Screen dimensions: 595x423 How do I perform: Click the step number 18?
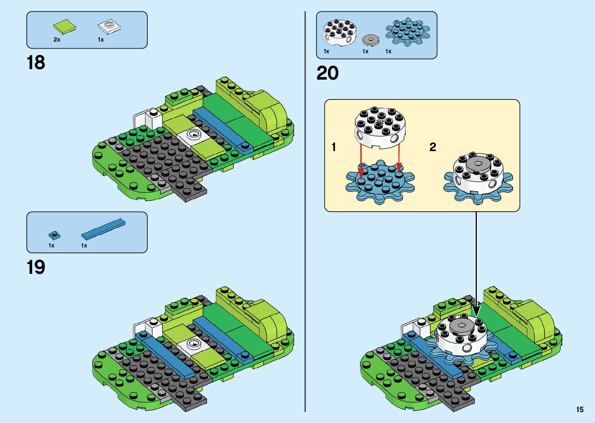tap(36, 63)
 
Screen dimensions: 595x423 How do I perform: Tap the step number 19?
tap(36, 267)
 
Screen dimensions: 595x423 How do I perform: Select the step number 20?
tap(327, 73)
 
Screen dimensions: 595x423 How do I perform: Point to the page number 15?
tap(579, 409)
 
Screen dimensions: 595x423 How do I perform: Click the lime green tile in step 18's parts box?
tap(65, 26)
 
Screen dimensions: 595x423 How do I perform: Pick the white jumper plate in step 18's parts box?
tap(109, 27)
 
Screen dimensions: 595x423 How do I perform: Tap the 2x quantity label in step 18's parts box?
tap(57, 40)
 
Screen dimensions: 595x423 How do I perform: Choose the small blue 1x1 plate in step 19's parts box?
tap(54, 235)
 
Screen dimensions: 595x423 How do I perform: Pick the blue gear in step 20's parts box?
tap(408, 31)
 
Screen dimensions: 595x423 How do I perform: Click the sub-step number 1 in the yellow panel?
tap(334, 147)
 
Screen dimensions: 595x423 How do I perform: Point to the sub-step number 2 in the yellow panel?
tap(433, 147)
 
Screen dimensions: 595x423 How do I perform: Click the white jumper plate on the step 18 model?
tap(193, 136)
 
